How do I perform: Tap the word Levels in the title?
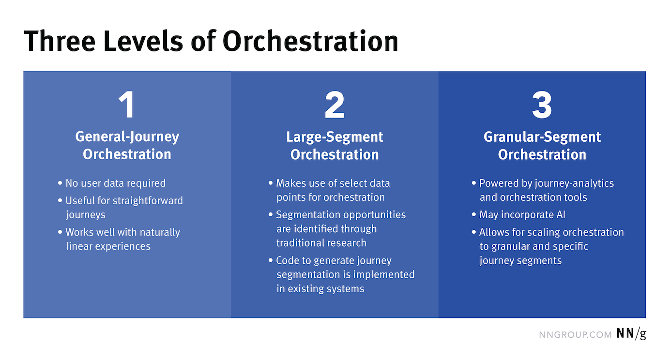143,41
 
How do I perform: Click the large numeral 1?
126,105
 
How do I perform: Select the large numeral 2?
335,105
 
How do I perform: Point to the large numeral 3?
542,105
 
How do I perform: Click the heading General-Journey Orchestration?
127,146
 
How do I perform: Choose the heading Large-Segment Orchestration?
335,146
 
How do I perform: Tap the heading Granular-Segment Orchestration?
542,146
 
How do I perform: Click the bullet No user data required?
112,183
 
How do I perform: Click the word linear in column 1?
78,246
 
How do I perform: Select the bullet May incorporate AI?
518,215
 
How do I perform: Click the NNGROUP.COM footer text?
576,334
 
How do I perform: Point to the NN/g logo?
631,333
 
